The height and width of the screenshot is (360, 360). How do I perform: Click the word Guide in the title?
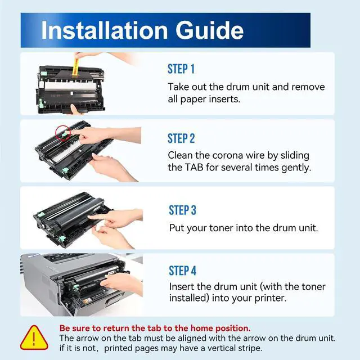(209, 30)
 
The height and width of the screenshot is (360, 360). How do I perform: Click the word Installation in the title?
(105, 30)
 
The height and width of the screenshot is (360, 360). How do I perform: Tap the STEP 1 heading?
(181, 69)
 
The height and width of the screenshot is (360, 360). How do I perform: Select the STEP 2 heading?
(181, 138)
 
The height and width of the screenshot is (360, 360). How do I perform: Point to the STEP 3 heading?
(182, 210)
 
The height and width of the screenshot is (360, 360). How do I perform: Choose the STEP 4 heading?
(182, 271)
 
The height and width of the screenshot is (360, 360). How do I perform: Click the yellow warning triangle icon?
(34, 338)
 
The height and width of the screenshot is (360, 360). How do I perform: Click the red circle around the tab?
(62, 132)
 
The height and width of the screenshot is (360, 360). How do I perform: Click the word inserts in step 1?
(226, 99)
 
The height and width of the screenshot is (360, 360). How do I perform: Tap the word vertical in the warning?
(222, 348)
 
